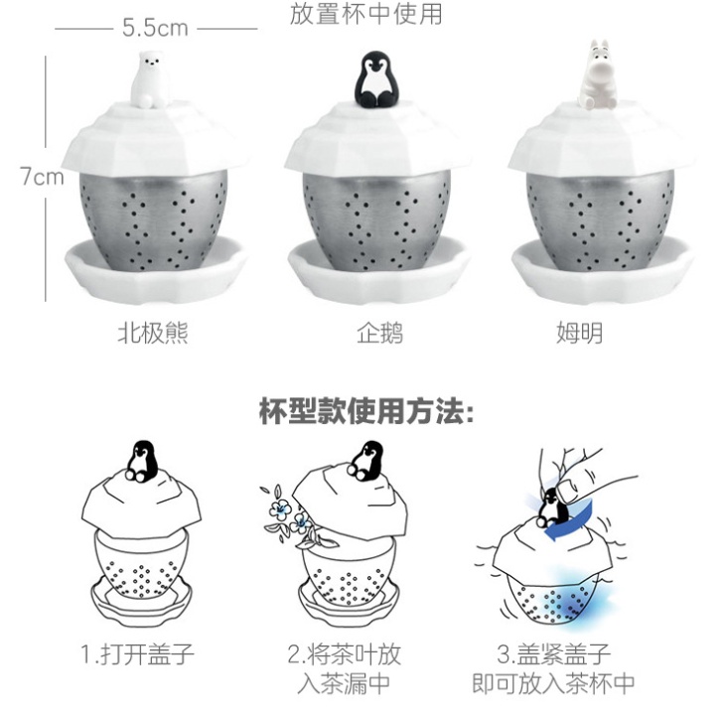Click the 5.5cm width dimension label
[155, 28]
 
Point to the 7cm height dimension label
[42, 176]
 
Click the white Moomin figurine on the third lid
[599, 75]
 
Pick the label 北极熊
[153, 333]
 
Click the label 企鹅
[380, 333]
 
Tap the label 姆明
[579, 333]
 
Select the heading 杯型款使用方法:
[366, 411]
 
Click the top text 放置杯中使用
[366, 14]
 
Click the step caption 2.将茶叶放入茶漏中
[344, 668]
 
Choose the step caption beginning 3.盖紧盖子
[553, 668]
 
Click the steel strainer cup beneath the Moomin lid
[599, 217]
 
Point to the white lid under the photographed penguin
[377, 138]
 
